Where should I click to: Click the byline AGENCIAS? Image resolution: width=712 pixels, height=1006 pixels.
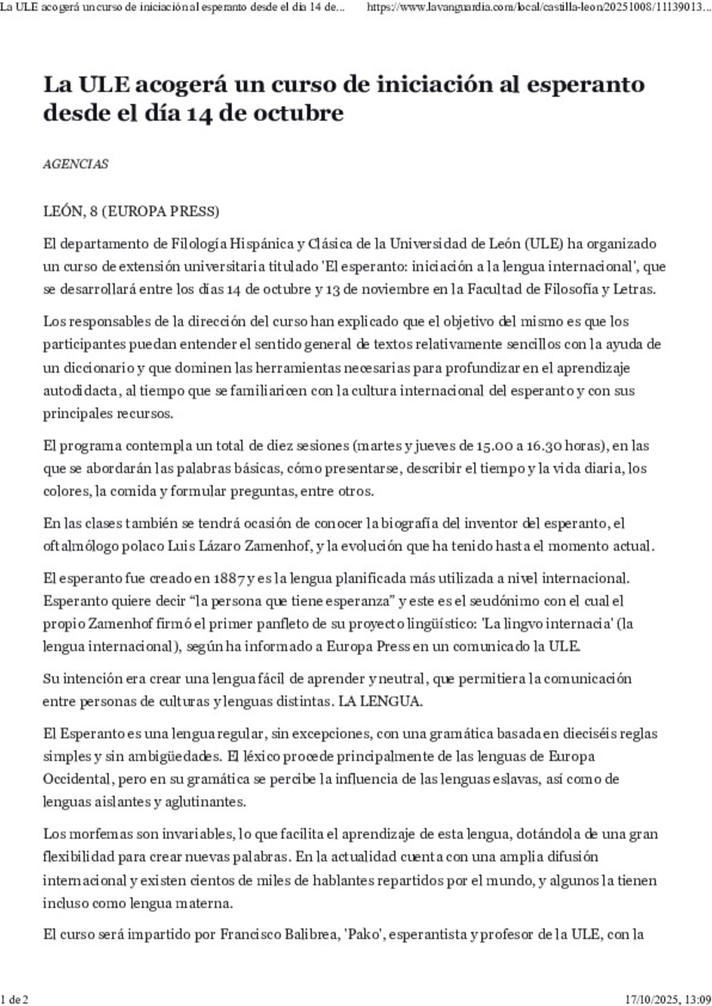coord(75,164)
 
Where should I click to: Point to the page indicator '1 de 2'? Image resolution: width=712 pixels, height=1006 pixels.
coord(15,999)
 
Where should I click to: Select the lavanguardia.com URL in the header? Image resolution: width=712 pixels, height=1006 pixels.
coord(538,7)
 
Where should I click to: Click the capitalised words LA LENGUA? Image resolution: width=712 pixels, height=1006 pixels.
coord(380,701)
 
